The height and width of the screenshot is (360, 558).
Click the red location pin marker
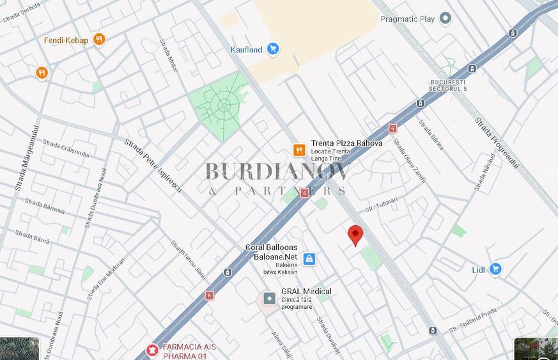point(355,235)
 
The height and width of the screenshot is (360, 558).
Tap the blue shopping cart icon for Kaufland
point(273,49)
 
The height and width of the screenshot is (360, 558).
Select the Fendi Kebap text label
point(66,40)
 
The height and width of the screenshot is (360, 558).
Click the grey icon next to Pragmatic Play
point(446,19)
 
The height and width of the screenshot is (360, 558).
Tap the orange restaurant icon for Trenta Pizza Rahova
point(298,150)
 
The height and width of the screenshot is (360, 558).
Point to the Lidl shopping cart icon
point(495,269)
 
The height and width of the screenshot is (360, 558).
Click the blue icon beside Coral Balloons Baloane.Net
point(309,259)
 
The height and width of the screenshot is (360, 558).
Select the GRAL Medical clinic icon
point(270,299)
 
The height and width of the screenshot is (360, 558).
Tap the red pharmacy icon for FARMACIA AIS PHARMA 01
point(152,350)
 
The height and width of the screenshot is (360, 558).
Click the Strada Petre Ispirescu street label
point(153,166)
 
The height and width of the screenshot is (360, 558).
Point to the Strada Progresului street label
point(497,143)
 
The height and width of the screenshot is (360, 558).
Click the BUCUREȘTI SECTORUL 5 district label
point(448,85)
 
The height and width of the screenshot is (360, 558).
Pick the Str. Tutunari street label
point(382,205)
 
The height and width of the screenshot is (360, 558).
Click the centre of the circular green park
point(224,105)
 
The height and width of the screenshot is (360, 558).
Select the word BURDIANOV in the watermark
point(278,171)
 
